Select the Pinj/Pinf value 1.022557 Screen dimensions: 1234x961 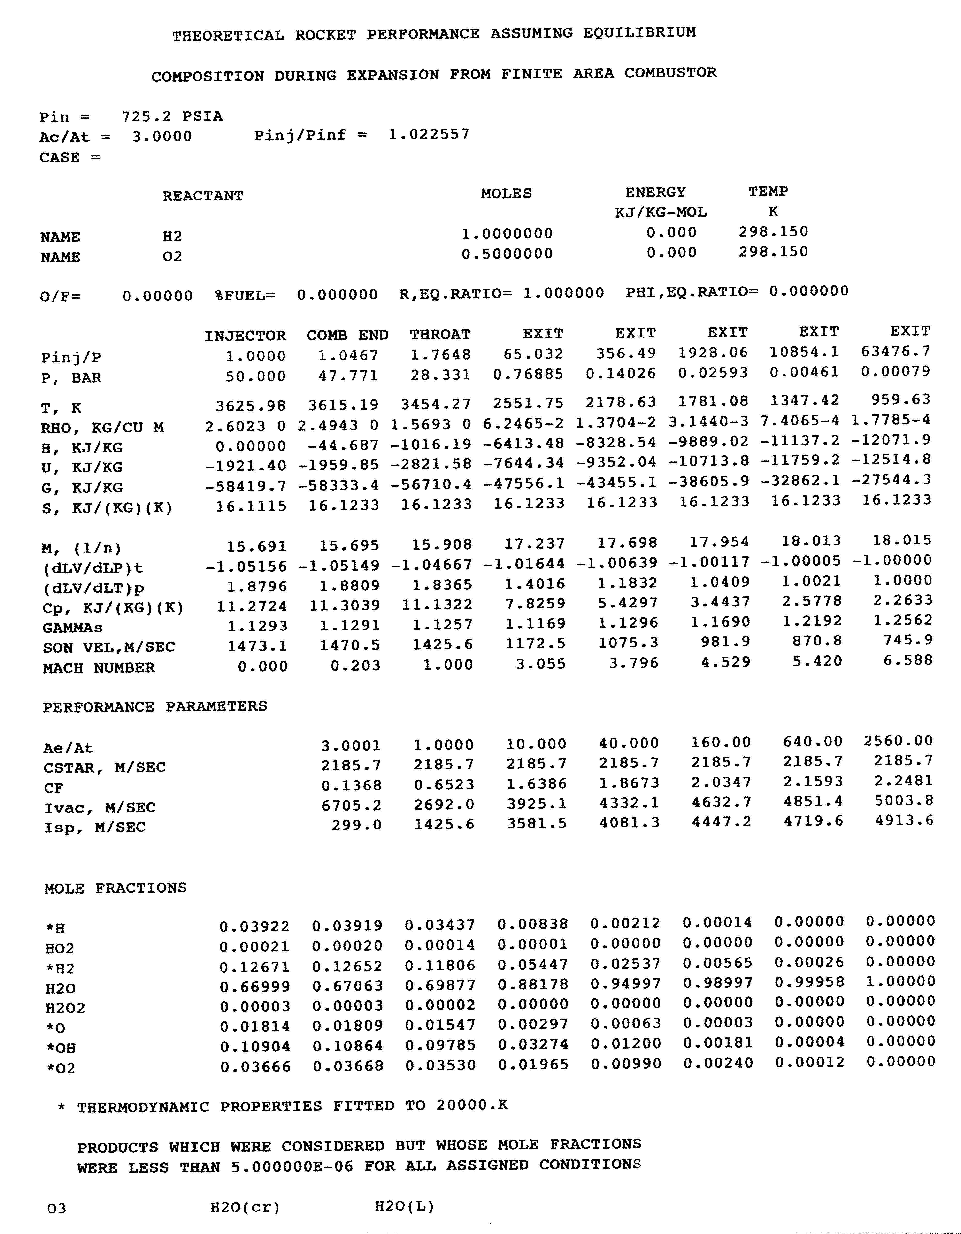click(429, 134)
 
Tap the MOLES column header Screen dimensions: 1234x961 click(506, 194)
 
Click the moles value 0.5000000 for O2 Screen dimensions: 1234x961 click(507, 254)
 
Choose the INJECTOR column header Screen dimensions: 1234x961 click(245, 336)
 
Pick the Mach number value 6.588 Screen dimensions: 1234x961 click(908, 660)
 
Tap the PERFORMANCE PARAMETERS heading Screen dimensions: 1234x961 click(155, 707)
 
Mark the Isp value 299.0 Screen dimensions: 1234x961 click(356, 825)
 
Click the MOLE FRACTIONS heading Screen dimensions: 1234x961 click(115, 888)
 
